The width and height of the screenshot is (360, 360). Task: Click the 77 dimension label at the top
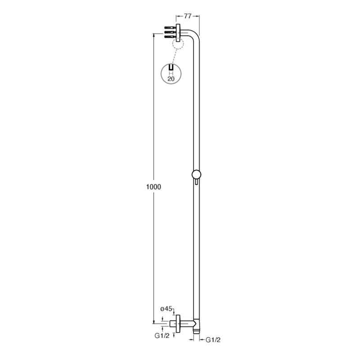point(188,16)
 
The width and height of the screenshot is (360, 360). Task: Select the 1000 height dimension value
point(153,187)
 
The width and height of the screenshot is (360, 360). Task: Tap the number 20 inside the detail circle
point(171,79)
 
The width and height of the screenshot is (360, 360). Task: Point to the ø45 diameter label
point(166,309)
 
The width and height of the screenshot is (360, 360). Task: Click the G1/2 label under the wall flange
point(162,336)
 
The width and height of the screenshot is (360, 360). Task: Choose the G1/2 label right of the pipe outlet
point(213,340)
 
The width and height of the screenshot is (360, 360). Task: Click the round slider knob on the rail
point(196,175)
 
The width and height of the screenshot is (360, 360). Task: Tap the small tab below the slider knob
point(196,182)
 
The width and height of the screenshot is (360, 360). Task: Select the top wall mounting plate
point(178,33)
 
